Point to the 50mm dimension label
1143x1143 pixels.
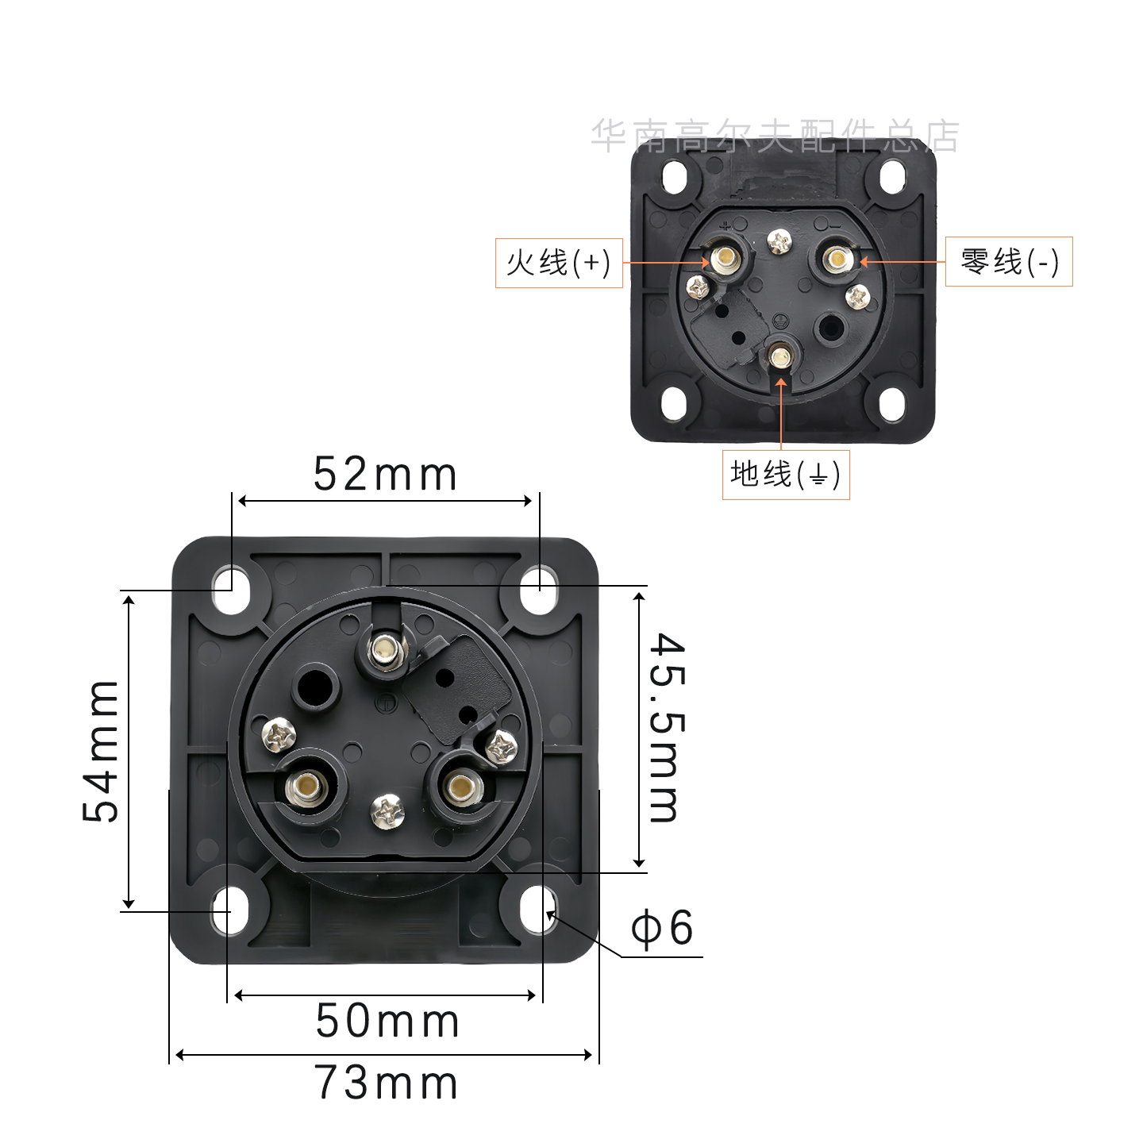[387, 1021]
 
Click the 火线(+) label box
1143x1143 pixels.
[559, 263]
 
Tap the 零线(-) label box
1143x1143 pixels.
[1008, 262]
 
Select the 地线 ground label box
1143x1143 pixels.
[785, 475]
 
